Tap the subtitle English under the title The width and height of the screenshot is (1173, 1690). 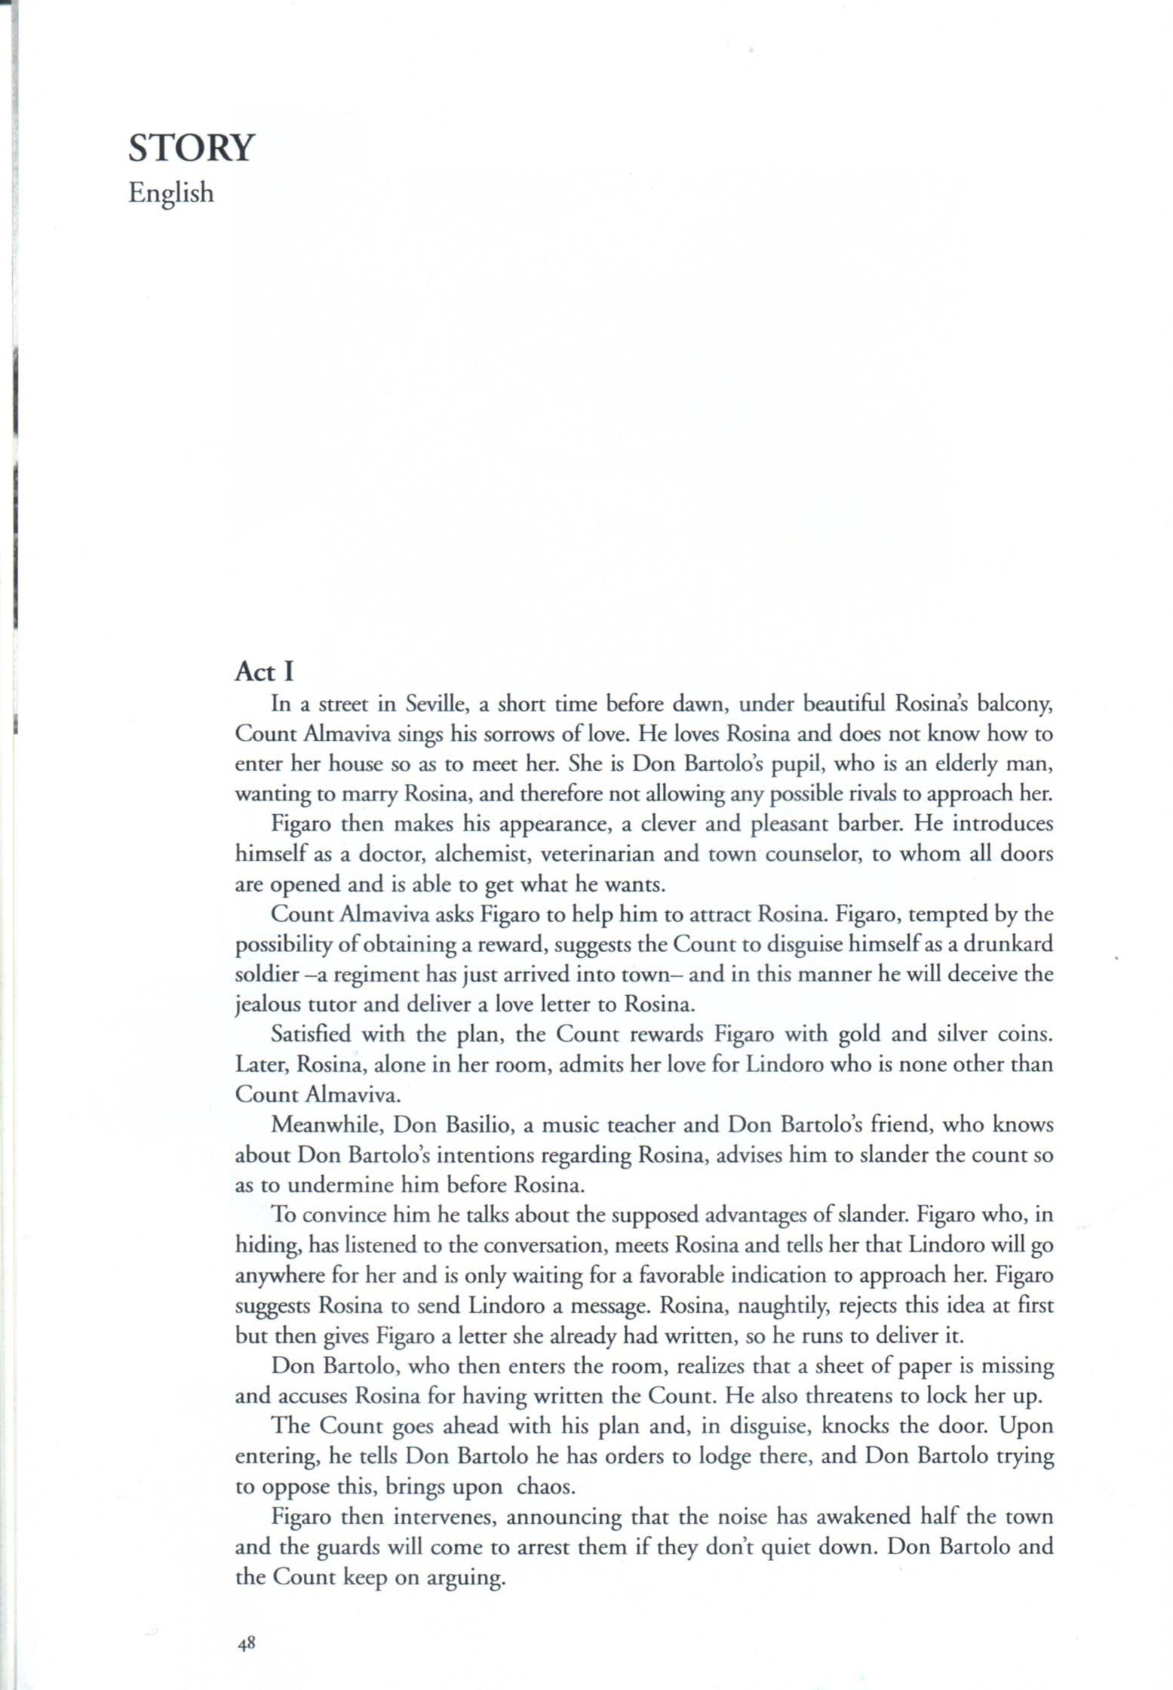click(171, 193)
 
